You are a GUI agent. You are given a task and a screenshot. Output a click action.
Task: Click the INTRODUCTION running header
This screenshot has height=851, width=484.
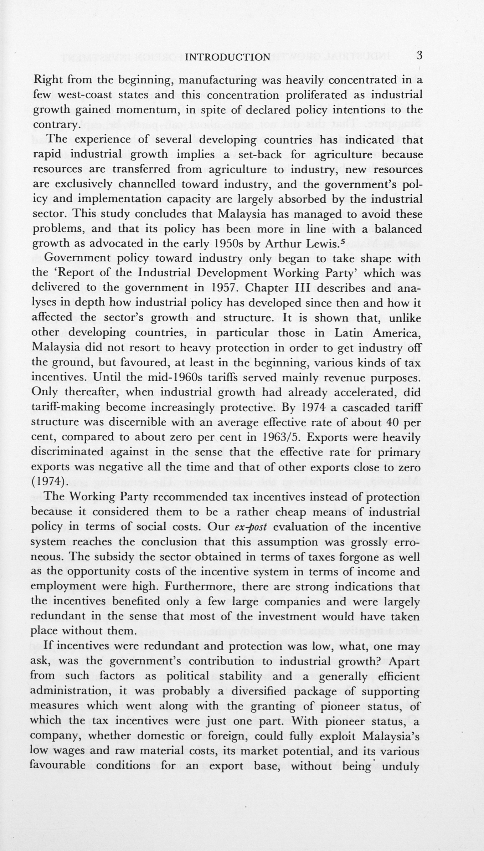pos(228,57)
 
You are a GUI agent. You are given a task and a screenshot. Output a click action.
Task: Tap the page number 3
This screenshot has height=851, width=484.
pos(419,56)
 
